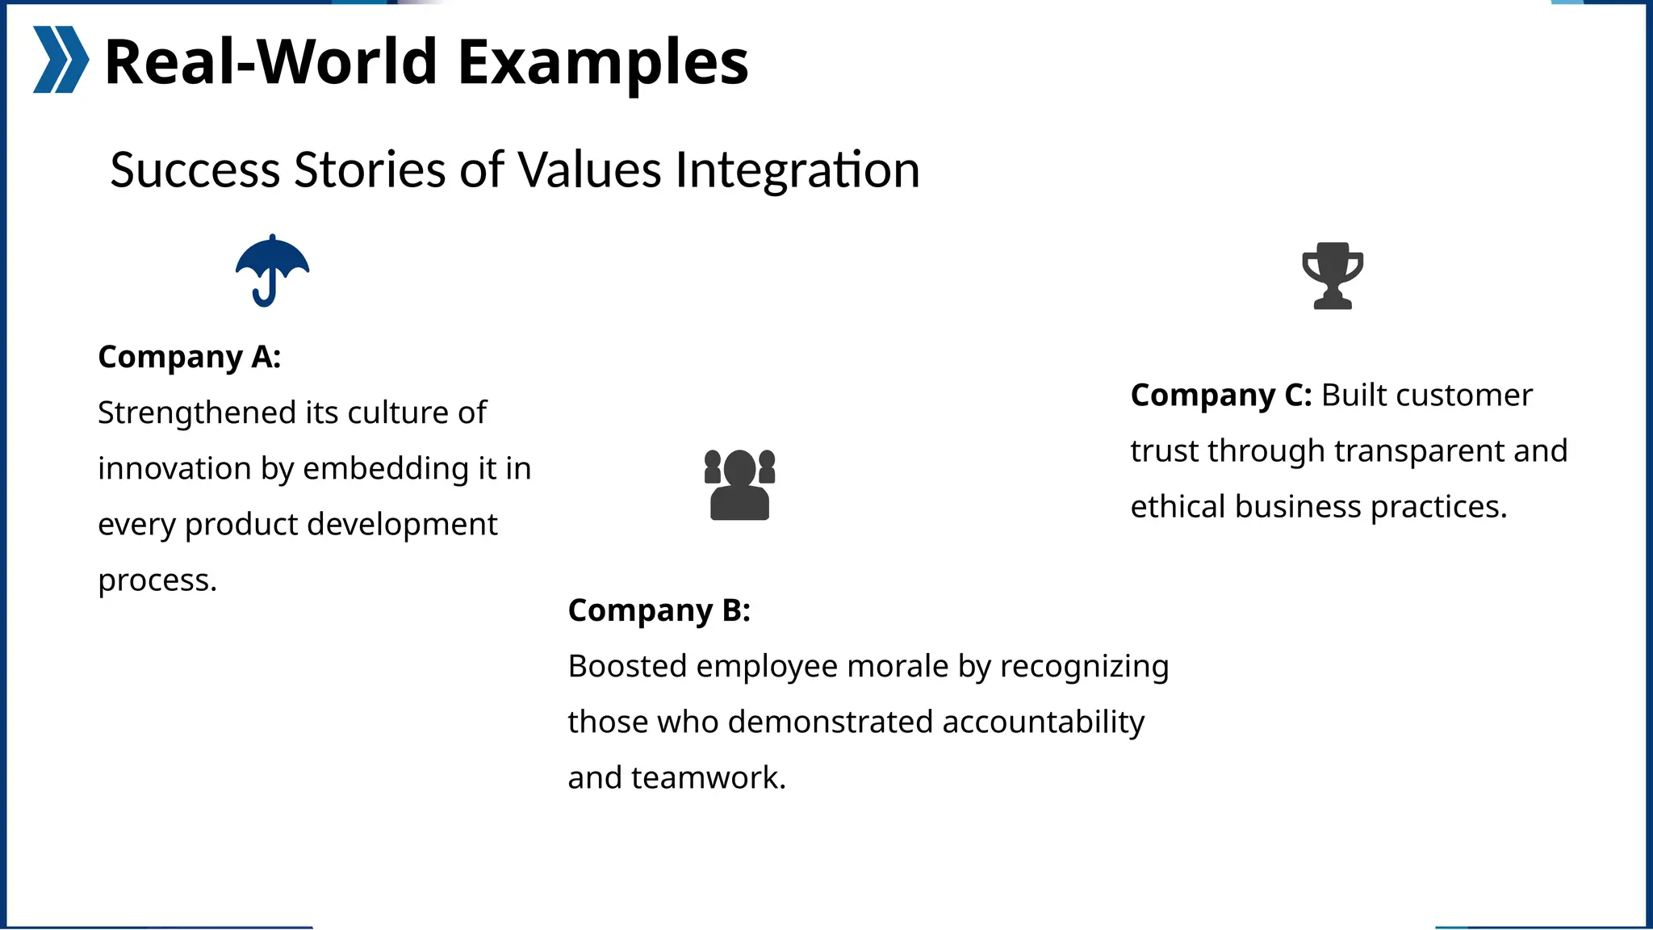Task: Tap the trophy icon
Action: coord(1333,275)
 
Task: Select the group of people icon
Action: coord(739,484)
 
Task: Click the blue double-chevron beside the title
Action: coord(61,60)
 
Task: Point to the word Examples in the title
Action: coord(603,62)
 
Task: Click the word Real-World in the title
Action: coord(271,62)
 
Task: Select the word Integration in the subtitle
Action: coord(797,170)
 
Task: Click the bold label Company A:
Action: coord(190,357)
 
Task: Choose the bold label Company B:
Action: coord(659,610)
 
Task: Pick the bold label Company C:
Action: coord(1221,396)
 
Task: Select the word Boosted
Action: coord(626,667)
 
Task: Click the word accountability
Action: coord(1043,722)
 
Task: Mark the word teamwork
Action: coord(708,778)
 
